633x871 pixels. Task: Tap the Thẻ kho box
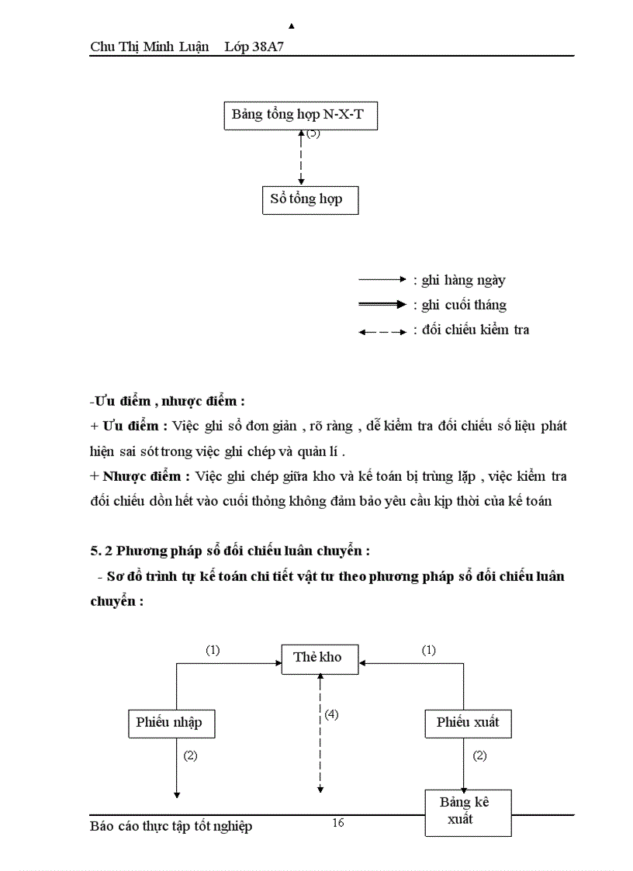pyautogui.click(x=317, y=658)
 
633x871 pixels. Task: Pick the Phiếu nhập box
pyautogui.click(x=170, y=723)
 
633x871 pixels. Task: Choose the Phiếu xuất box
pyautogui.click(x=468, y=723)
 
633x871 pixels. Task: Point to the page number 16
pyautogui.click(x=337, y=823)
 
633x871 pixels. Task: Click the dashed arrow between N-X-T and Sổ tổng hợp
pyautogui.click(x=301, y=159)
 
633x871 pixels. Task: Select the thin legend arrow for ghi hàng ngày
pyautogui.click(x=382, y=278)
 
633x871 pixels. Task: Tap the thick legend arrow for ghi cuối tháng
pyautogui.click(x=382, y=305)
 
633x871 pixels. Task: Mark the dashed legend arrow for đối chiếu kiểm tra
pyautogui.click(x=382, y=331)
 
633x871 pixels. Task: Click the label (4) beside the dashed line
pyautogui.click(x=331, y=714)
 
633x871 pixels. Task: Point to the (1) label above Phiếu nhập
pyautogui.click(x=213, y=651)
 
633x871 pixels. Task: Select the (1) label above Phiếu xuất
pyautogui.click(x=428, y=651)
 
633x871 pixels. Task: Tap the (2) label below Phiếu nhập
pyautogui.click(x=190, y=755)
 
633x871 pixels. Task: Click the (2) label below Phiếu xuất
pyautogui.click(x=479, y=755)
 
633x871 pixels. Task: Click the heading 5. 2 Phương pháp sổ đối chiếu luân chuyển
pyautogui.click(x=230, y=551)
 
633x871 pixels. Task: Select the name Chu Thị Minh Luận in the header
pyautogui.click(x=149, y=47)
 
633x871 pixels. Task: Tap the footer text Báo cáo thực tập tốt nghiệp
pyautogui.click(x=171, y=826)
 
